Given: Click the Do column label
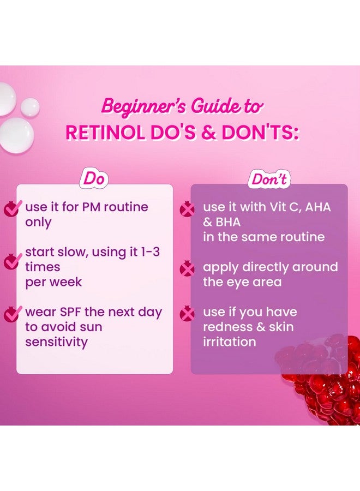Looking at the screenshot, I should coord(94,178).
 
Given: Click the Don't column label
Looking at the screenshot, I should coord(268,179).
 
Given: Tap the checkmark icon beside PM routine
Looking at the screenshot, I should coord(11,208).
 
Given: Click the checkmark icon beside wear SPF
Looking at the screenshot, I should coord(11,314).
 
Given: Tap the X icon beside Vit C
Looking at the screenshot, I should coord(188,208).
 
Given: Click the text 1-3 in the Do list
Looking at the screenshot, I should coord(151,253).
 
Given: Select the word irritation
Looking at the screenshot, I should coord(230,342).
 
